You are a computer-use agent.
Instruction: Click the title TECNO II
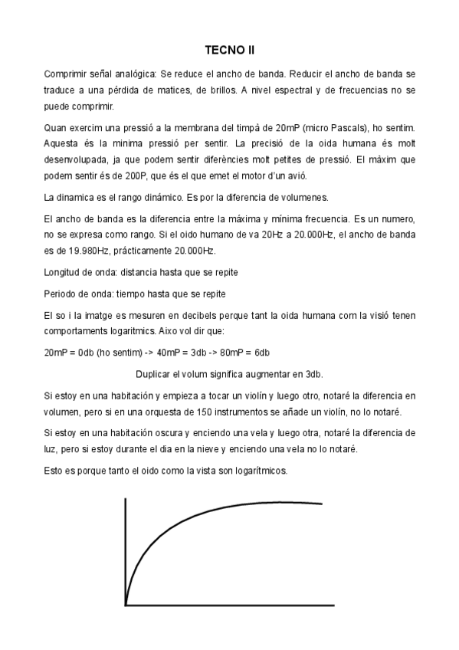point(229,51)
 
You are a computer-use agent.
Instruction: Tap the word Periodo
point(62,294)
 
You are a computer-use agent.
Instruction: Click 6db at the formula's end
point(261,353)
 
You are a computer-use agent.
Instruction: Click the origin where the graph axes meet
point(126,605)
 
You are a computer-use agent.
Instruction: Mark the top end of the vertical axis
point(126,499)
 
